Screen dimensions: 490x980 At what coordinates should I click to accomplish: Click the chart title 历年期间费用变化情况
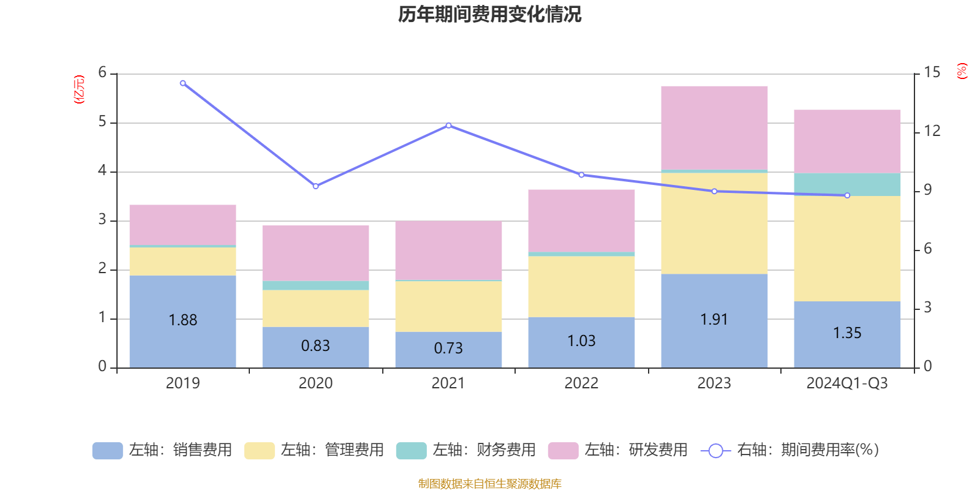point(489,14)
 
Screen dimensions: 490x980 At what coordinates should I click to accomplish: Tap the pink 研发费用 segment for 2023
point(714,127)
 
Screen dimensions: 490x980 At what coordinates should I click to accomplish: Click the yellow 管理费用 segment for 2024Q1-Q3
point(847,248)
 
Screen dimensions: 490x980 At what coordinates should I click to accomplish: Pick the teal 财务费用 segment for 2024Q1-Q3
point(847,184)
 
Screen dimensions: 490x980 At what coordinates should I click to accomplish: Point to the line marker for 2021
point(448,126)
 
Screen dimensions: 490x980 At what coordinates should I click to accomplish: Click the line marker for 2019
point(183,83)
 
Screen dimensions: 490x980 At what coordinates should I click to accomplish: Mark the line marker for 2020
point(315,186)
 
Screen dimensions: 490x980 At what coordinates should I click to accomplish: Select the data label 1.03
point(581,341)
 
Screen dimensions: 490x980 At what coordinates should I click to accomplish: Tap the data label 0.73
point(448,349)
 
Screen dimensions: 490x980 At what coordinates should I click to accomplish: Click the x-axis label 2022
point(581,383)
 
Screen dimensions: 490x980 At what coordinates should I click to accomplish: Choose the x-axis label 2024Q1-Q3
point(847,383)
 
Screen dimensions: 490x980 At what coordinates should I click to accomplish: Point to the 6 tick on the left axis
point(102,73)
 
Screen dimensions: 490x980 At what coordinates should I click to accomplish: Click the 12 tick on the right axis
point(932,131)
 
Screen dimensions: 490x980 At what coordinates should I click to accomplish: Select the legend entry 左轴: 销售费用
point(162,450)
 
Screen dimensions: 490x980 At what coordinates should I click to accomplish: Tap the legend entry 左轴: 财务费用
point(466,450)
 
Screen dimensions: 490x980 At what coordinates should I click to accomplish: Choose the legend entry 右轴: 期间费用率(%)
point(790,450)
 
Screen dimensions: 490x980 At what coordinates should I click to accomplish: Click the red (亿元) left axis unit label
point(79,89)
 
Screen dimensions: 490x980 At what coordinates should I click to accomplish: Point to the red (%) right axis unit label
point(962,71)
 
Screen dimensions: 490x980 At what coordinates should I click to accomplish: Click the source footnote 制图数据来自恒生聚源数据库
point(489,484)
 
